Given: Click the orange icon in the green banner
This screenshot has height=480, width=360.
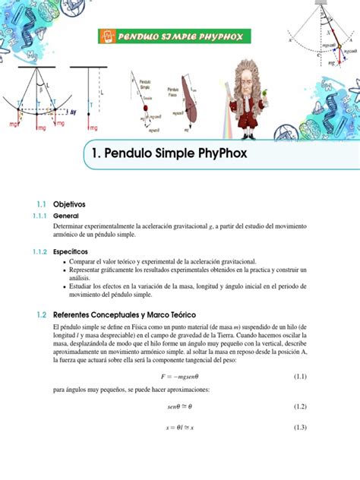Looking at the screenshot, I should [108, 36].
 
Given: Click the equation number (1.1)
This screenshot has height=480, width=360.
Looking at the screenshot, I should [299, 377].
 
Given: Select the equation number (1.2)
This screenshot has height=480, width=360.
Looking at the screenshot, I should [299, 407].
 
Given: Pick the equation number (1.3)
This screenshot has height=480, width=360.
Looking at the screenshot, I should [299, 428].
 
